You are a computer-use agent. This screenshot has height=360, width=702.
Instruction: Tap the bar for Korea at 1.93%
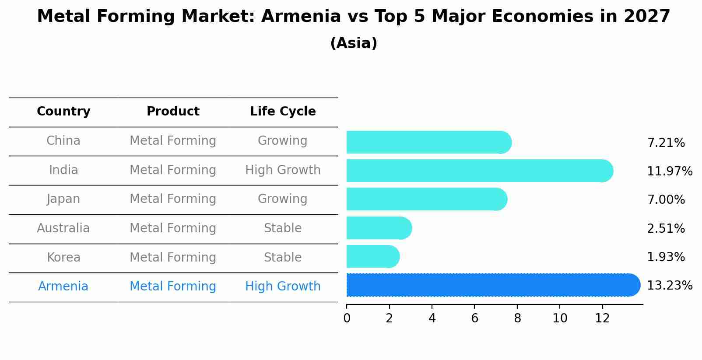[372, 257]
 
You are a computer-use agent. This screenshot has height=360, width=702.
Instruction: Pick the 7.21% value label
[666, 143]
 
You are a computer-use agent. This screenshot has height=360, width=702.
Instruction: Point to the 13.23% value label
[669, 286]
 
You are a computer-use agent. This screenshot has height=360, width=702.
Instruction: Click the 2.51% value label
[666, 229]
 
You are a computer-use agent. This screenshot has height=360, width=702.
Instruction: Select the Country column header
[63, 112]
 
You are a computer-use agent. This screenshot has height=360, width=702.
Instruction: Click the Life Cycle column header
[283, 112]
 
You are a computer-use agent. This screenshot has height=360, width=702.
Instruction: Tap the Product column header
[173, 112]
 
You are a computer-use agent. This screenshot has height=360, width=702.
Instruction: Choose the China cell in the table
[63, 141]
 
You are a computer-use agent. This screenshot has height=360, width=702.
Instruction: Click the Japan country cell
[63, 199]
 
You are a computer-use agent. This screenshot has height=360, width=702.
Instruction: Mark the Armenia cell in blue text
[63, 287]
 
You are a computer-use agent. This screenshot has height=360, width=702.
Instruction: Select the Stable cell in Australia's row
[283, 228]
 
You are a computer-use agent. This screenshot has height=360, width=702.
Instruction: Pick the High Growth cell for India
[283, 170]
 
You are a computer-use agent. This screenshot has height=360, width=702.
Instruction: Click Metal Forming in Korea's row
[173, 257]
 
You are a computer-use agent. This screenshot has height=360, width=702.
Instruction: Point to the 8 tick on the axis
[517, 318]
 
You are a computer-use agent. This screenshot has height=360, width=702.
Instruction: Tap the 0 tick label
[347, 318]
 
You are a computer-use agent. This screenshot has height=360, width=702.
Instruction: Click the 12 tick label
[602, 318]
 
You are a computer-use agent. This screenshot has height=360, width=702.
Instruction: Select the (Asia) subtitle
[354, 43]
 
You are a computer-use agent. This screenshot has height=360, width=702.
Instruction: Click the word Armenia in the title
[301, 17]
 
